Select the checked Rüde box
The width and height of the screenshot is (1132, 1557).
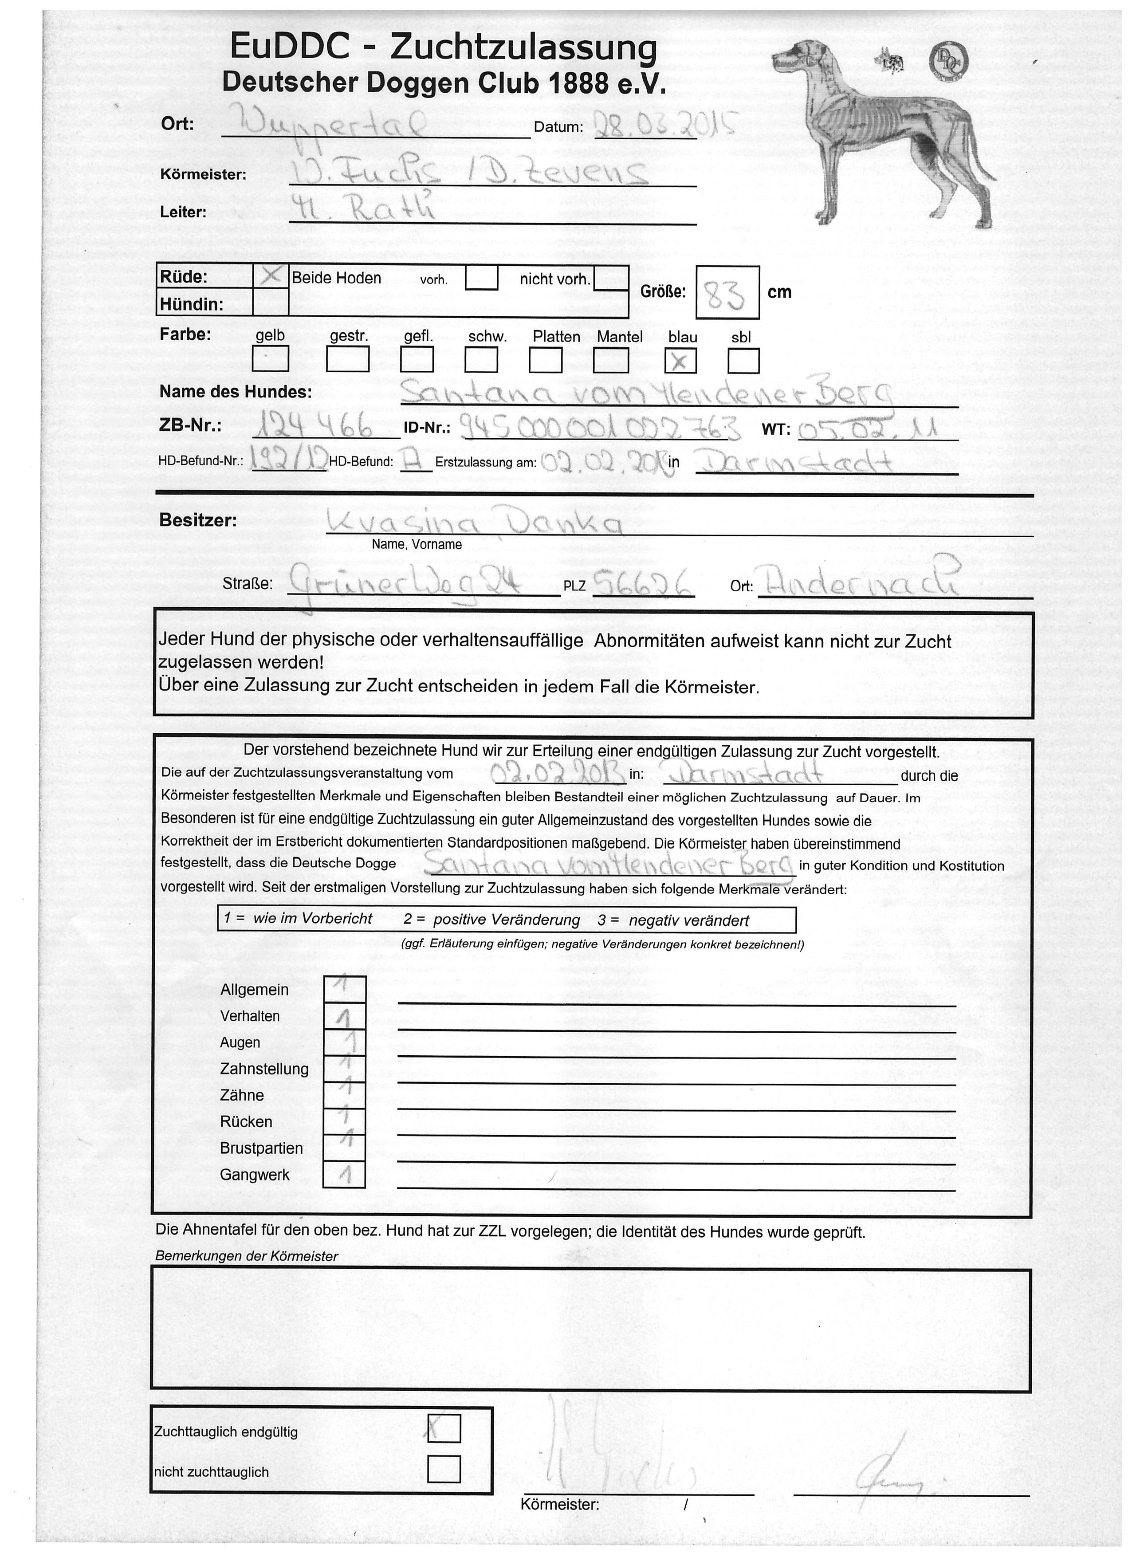[x=271, y=276]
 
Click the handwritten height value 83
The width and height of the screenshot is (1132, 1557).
[x=727, y=292]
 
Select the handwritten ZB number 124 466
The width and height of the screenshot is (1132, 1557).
[x=313, y=429]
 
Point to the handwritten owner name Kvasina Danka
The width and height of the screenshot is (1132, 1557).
[x=474, y=524]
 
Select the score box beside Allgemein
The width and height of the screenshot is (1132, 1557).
[x=344, y=989]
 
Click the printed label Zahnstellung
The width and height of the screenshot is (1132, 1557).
[x=264, y=1069]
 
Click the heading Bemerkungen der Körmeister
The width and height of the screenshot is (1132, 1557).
[x=247, y=1256]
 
